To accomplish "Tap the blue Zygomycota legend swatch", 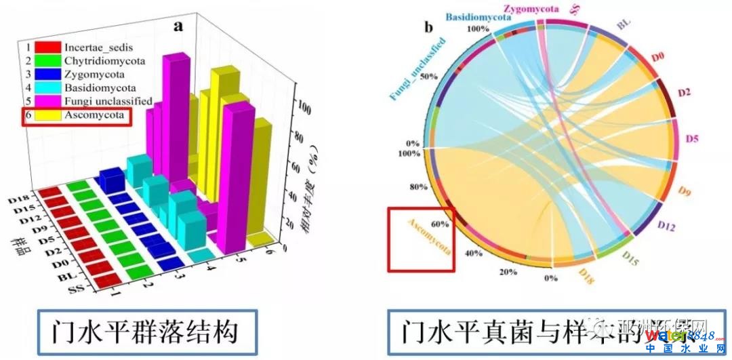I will click(49, 75).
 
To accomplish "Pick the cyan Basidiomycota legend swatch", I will click(49, 88).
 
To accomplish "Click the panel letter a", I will click(179, 27).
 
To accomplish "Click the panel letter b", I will click(428, 28).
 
